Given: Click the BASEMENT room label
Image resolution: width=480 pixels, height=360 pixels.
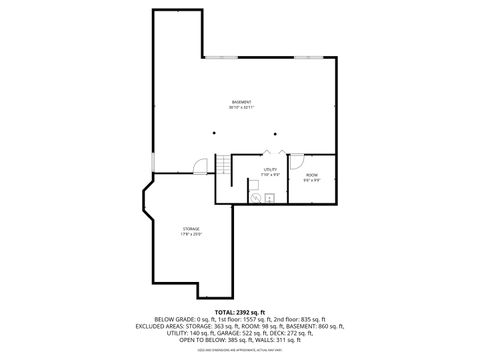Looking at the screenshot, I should (241, 102).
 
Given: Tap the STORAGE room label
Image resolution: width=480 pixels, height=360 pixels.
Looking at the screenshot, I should (191, 229).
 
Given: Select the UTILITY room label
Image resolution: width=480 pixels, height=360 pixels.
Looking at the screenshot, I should (270, 170).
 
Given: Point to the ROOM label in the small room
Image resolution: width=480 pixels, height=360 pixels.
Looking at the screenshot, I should (312, 175).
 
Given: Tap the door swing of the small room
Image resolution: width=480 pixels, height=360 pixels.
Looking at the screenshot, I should (294, 158).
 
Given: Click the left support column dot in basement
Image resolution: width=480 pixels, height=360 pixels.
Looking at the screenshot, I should (213, 132).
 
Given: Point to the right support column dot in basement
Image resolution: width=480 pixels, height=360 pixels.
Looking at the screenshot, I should (267, 132).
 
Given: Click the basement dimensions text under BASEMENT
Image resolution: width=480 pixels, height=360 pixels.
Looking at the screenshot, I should (241, 108).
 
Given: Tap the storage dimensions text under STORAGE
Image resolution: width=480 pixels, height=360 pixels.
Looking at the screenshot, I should (191, 235).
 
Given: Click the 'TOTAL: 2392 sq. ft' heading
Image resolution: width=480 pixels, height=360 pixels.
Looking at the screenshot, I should (240, 311).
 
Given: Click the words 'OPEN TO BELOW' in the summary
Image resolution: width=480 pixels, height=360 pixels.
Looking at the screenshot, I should (200, 339).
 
